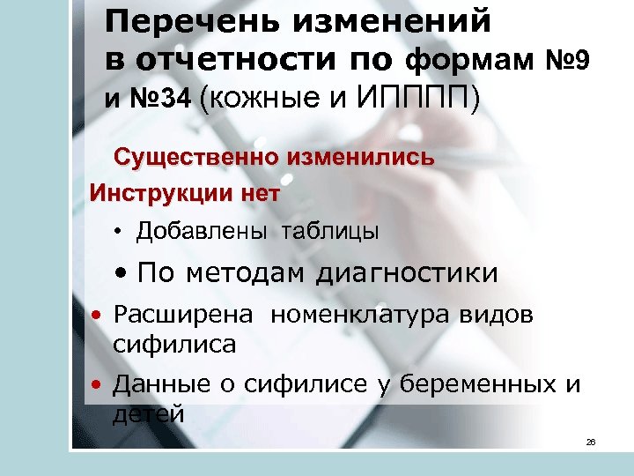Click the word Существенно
pyautogui.click(x=196, y=158)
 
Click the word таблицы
pyautogui.click(x=330, y=232)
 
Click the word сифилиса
pyautogui.click(x=174, y=344)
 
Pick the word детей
pyautogui.click(x=148, y=412)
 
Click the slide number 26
pyautogui.click(x=591, y=441)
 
